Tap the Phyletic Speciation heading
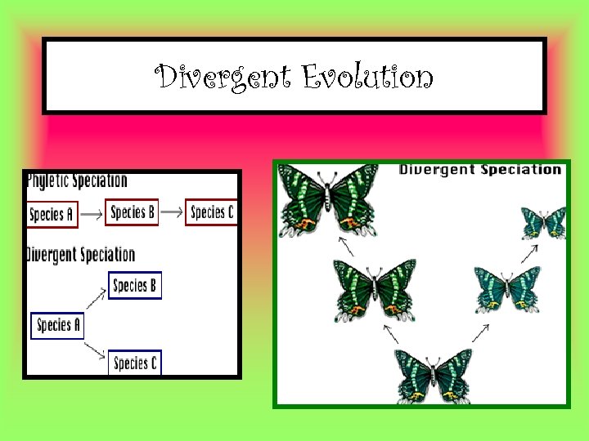click(x=78, y=180)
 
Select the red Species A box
click(x=52, y=214)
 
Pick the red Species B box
click(x=133, y=212)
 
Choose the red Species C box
click(x=212, y=212)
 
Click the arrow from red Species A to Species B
click(x=92, y=214)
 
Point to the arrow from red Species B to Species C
click(x=172, y=213)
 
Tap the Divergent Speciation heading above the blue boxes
click(x=81, y=254)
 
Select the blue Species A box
click(x=57, y=325)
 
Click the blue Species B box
click(x=135, y=285)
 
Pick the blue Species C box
click(x=135, y=363)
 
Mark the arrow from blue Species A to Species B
click(x=97, y=301)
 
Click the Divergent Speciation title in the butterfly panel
click(x=479, y=170)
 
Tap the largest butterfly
click(x=327, y=198)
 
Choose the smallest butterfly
click(x=544, y=222)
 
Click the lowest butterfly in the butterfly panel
click(x=434, y=374)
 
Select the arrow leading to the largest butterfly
click(x=347, y=247)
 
